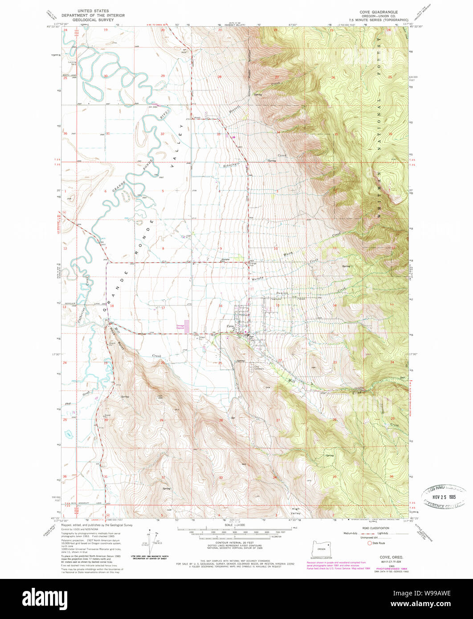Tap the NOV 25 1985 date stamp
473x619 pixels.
click(x=444, y=495)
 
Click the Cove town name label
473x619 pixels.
click(x=230, y=327)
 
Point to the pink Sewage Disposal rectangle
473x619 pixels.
click(x=187, y=326)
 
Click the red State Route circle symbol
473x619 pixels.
click(x=369, y=543)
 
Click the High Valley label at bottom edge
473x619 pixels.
click(x=296, y=511)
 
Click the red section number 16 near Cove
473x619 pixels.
click(x=220, y=306)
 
